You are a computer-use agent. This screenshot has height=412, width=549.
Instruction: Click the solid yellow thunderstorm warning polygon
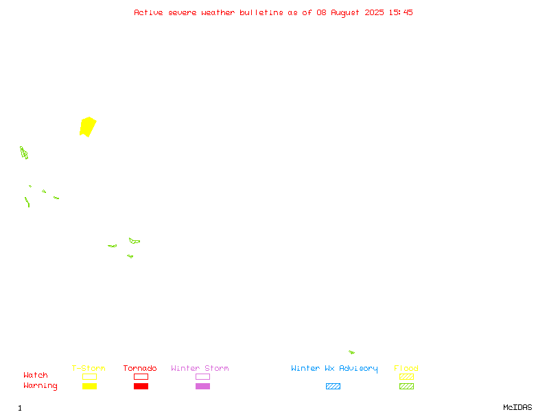click(x=88, y=127)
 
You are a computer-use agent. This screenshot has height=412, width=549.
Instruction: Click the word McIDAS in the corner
click(x=517, y=407)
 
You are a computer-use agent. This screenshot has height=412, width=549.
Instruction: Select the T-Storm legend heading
click(x=89, y=368)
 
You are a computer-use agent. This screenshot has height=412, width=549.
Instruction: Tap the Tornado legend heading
click(x=140, y=368)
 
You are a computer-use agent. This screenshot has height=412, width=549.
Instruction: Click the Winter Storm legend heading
click(x=200, y=368)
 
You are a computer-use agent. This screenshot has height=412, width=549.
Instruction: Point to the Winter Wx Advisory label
click(x=334, y=369)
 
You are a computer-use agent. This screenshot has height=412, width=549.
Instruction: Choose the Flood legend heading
click(x=406, y=368)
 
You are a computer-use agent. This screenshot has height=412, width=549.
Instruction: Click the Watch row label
click(x=36, y=375)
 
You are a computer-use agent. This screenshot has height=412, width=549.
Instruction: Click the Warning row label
click(x=40, y=386)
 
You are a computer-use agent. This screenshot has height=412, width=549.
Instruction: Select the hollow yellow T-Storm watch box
click(x=90, y=376)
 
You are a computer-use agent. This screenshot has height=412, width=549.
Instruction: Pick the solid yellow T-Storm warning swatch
click(x=90, y=386)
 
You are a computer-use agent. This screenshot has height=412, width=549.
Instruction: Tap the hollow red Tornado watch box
click(x=141, y=376)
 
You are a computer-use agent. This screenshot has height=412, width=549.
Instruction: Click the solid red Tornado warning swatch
click(x=141, y=386)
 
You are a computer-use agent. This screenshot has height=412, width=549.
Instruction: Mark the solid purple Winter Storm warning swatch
click(x=202, y=386)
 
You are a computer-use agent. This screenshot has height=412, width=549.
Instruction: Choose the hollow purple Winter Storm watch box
click(x=202, y=376)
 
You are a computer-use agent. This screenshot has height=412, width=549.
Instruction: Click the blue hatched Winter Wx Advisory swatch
click(x=333, y=386)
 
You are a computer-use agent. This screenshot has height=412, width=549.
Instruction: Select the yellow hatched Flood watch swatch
click(x=406, y=376)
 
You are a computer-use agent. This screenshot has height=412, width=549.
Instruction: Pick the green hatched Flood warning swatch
click(x=406, y=386)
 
